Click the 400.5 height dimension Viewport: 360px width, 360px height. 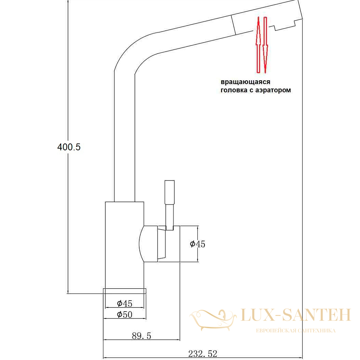pos(69,147)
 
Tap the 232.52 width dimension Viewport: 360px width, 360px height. pos(202,353)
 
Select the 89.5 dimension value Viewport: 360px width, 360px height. pos(141,336)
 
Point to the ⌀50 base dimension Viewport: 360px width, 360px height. pos(125,315)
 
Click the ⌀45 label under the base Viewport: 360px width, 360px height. pos(125,303)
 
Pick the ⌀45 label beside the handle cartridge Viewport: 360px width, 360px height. pos(197,244)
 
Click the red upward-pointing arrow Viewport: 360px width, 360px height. pos(258,45)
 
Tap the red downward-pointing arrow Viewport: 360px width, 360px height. pos(265,45)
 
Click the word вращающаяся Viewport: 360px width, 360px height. pos(245,82)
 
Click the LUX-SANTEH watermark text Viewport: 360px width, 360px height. pos(296,315)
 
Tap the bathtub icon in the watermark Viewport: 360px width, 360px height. pos(213,320)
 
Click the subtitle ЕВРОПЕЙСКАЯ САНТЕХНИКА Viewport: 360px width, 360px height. pos(296,330)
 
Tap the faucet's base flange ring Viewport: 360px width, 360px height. pos(125,291)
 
